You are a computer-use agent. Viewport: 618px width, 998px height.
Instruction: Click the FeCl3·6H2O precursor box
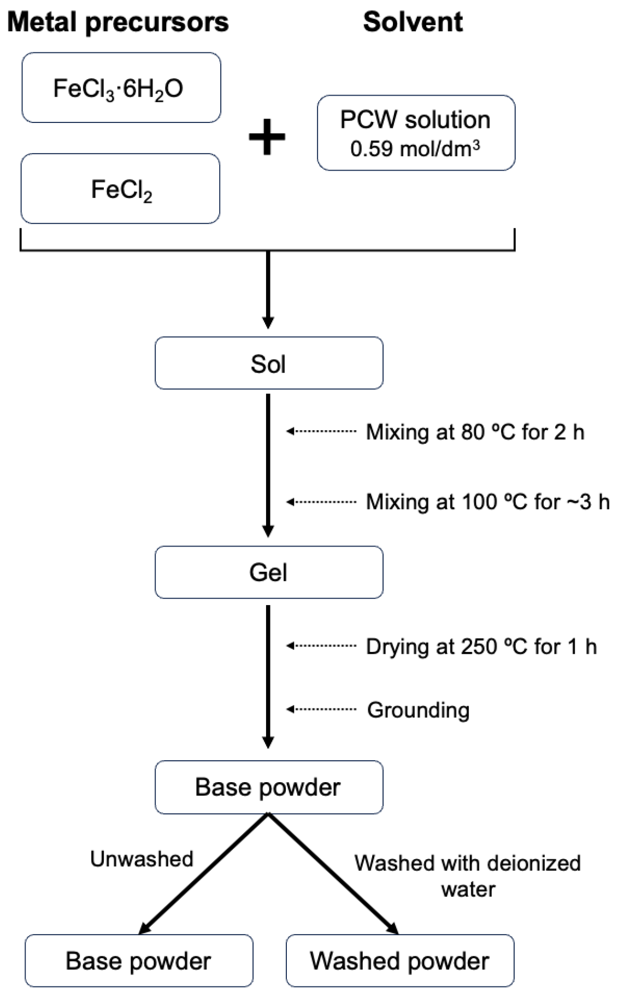(x=121, y=87)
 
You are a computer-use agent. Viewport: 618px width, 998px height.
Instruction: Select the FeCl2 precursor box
(x=121, y=189)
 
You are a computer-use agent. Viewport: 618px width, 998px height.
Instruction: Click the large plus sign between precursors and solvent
(x=267, y=137)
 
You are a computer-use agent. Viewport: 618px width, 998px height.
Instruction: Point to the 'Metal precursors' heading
(x=117, y=22)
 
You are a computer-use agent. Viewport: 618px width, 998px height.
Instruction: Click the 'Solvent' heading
(x=413, y=22)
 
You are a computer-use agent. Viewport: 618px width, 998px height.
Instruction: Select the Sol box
(x=268, y=363)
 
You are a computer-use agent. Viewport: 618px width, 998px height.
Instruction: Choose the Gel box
(x=268, y=572)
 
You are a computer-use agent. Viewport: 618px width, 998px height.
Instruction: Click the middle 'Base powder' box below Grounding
(x=268, y=787)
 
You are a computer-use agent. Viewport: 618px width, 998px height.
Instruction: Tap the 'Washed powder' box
(x=399, y=961)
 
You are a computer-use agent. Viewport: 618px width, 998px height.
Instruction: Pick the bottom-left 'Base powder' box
(x=138, y=961)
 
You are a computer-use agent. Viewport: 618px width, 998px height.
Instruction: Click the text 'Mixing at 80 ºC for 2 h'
(x=474, y=432)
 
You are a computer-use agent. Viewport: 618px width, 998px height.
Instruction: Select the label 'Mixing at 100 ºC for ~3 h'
(x=487, y=502)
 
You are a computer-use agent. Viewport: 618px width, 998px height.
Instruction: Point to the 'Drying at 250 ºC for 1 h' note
(x=481, y=647)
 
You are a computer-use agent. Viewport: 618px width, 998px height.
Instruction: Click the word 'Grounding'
(x=418, y=710)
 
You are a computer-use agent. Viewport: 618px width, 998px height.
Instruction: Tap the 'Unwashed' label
(x=142, y=859)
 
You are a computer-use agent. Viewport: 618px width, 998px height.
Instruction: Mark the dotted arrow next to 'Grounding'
(x=321, y=709)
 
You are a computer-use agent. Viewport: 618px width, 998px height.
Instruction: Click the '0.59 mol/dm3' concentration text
(x=415, y=149)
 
